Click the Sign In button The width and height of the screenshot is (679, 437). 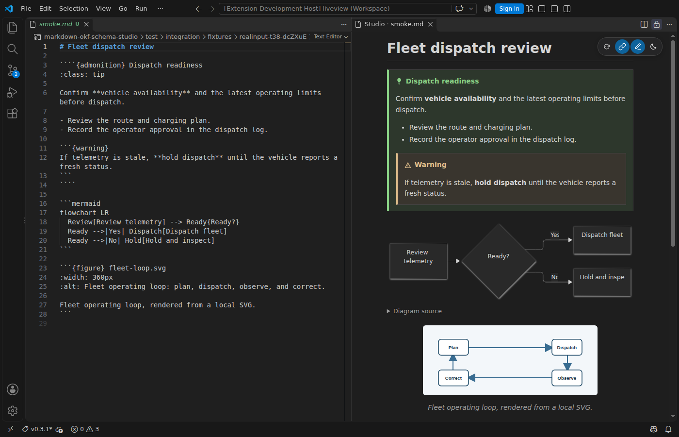pyautogui.click(x=509, y=9)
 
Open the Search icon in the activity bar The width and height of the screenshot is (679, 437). pyautogui.click(x=13, y=49)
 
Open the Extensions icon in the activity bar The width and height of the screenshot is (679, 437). pyautogui.click(x=13, y=113)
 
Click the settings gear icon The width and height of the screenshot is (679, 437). pyautogui.click(x=13, y=411)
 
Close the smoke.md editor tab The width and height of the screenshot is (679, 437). pyautogui.click(x=86, y=24)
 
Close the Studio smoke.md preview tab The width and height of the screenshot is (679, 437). pyautogui.click(x=431, y=24)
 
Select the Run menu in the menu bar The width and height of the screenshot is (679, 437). pyautogui.click(x=141, y=9)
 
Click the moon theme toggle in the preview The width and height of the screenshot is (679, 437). pyautogui.click(x=654, y=47)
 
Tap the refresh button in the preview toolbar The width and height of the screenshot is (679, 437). pyautogui.click(x=607, y=47)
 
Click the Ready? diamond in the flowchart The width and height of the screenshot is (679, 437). pyautogui.click(x=499, y=261)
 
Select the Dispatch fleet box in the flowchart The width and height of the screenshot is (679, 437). pyautogui.click(x=602, y=240)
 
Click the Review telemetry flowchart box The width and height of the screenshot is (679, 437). pyautogui.click(x=418, y=261)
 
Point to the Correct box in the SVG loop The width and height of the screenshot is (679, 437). pyautogui.click(x=453, y=378)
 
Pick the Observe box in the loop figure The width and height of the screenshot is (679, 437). pyautogui.click(x=567, y=378)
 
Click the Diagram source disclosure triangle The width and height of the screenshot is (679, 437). pyautogui.click(x=388, y=311)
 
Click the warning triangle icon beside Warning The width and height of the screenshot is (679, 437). pyautogui.click(x=408, y=165)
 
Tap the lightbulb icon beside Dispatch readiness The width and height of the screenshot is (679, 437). pyautogui.click(x=399, y=81)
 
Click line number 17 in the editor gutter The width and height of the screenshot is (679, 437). pyautogui.click(x=43, y=213)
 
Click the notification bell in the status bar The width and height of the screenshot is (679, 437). pyautogui.click(x=668, y=429)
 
